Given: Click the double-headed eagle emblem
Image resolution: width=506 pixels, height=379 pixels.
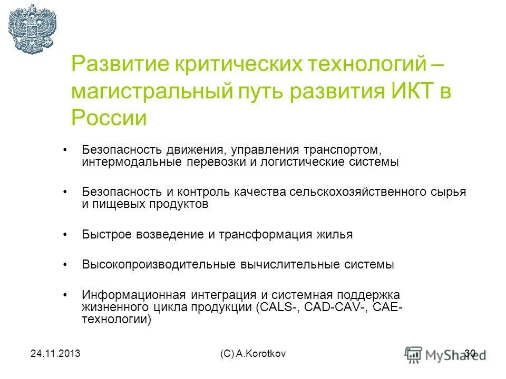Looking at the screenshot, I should click(32, 28).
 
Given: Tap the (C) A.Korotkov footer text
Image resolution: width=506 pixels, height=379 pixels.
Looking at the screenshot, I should click(253, 354).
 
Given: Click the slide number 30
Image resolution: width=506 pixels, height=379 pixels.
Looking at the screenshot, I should click(470, 353).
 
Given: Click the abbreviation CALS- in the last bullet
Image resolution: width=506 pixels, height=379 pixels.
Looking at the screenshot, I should click(278, 307).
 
